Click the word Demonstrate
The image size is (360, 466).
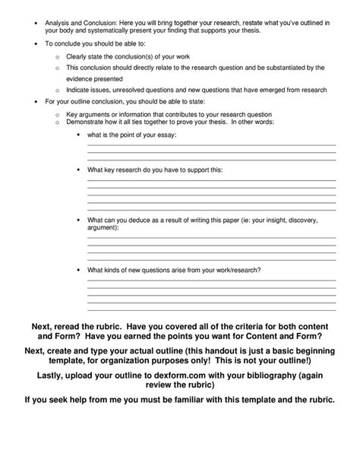pos(87,122)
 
